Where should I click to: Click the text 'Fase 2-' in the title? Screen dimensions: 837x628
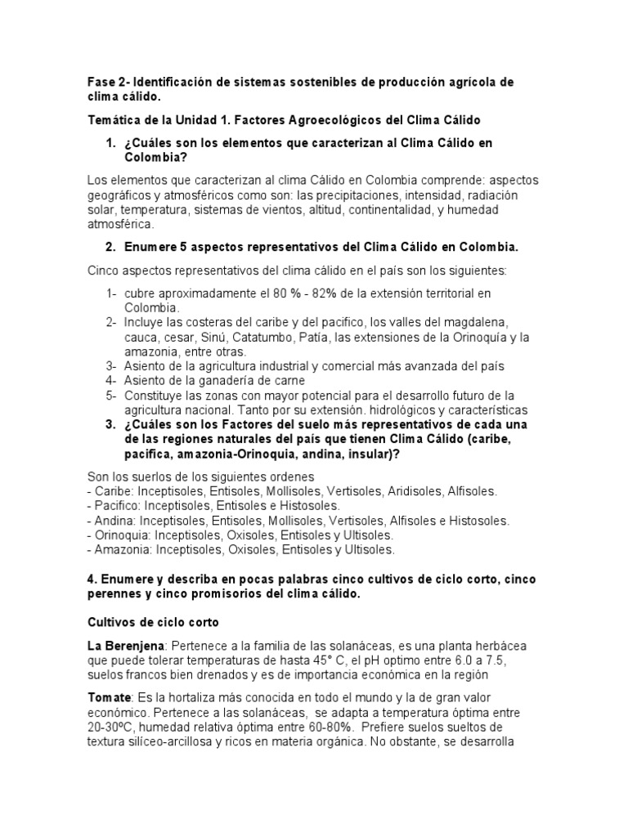pos(108,83)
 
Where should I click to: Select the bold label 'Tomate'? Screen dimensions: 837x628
pos(110,697)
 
